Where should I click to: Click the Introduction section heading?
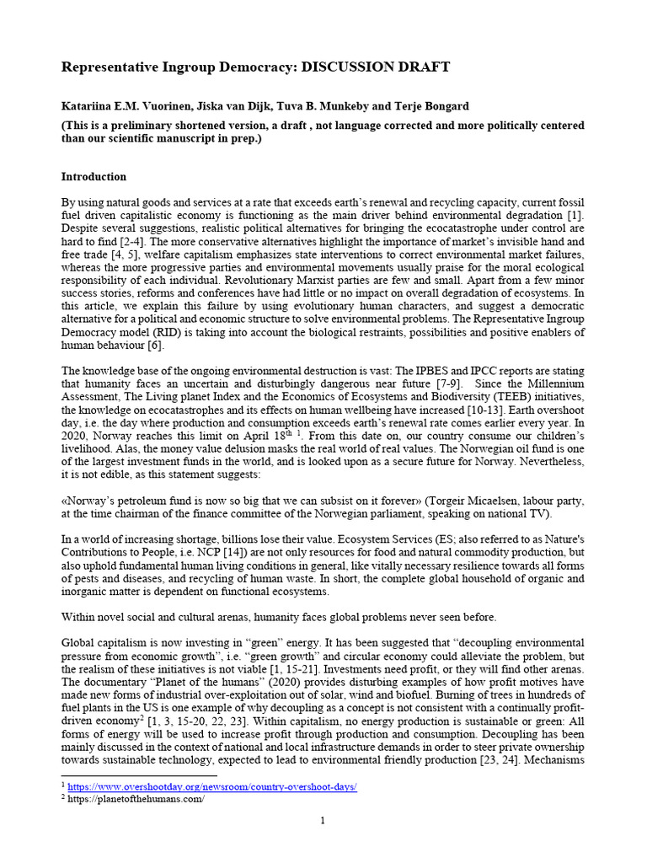[x=94, y=177]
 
